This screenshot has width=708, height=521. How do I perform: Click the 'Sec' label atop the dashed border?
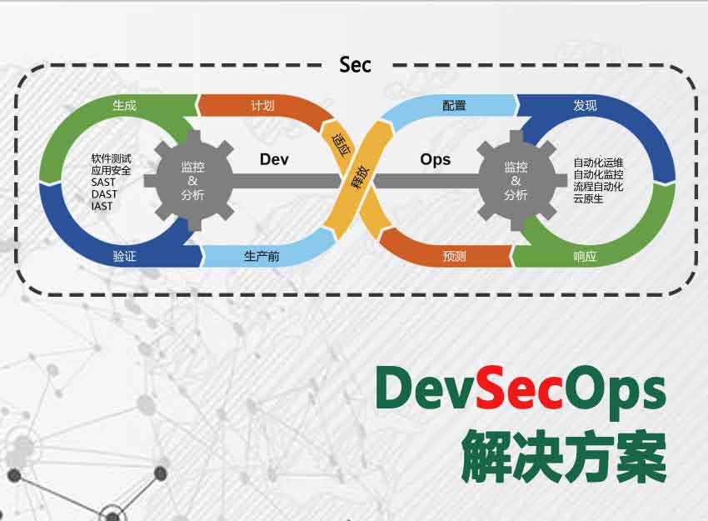coord(356,65)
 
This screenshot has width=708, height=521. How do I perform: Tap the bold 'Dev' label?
coord(274,159)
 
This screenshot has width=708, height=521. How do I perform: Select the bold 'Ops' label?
coord(436,160)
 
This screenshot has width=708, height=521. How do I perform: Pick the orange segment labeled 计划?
coord(262,106)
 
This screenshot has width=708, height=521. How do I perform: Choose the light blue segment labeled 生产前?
coord(267,256)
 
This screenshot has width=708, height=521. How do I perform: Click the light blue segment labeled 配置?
coord(451,106)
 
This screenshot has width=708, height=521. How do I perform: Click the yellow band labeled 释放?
coord(360,178)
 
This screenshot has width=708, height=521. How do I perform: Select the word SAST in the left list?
coord(103,182)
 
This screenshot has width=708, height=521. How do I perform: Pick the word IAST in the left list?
coord(102,206)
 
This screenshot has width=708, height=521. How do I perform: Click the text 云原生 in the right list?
coord(588,198)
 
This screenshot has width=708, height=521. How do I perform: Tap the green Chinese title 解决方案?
coord(564,456)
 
